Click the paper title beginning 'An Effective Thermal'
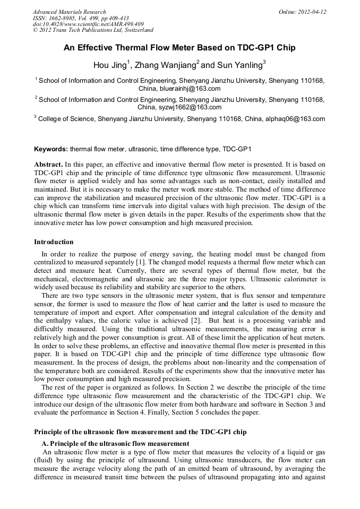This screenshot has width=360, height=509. (179, 48)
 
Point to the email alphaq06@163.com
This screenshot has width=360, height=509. (295, 119)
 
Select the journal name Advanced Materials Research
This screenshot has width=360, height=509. (69, 12)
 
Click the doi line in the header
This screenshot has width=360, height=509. (88, 24)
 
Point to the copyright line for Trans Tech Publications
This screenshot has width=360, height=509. (93, 30)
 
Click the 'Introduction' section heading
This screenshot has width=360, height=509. (54, 242)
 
